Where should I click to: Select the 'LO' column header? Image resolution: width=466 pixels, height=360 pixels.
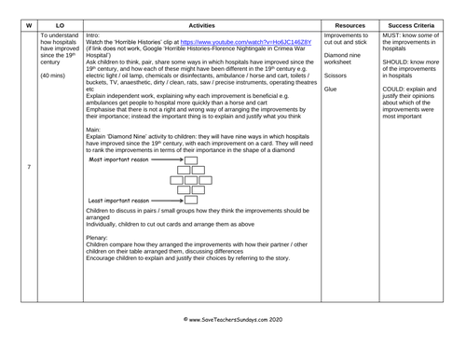(x=61, y=22)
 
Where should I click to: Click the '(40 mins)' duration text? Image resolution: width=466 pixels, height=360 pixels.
(x=54, y=75)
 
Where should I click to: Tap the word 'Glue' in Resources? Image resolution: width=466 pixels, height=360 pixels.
(x=331, y=89)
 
